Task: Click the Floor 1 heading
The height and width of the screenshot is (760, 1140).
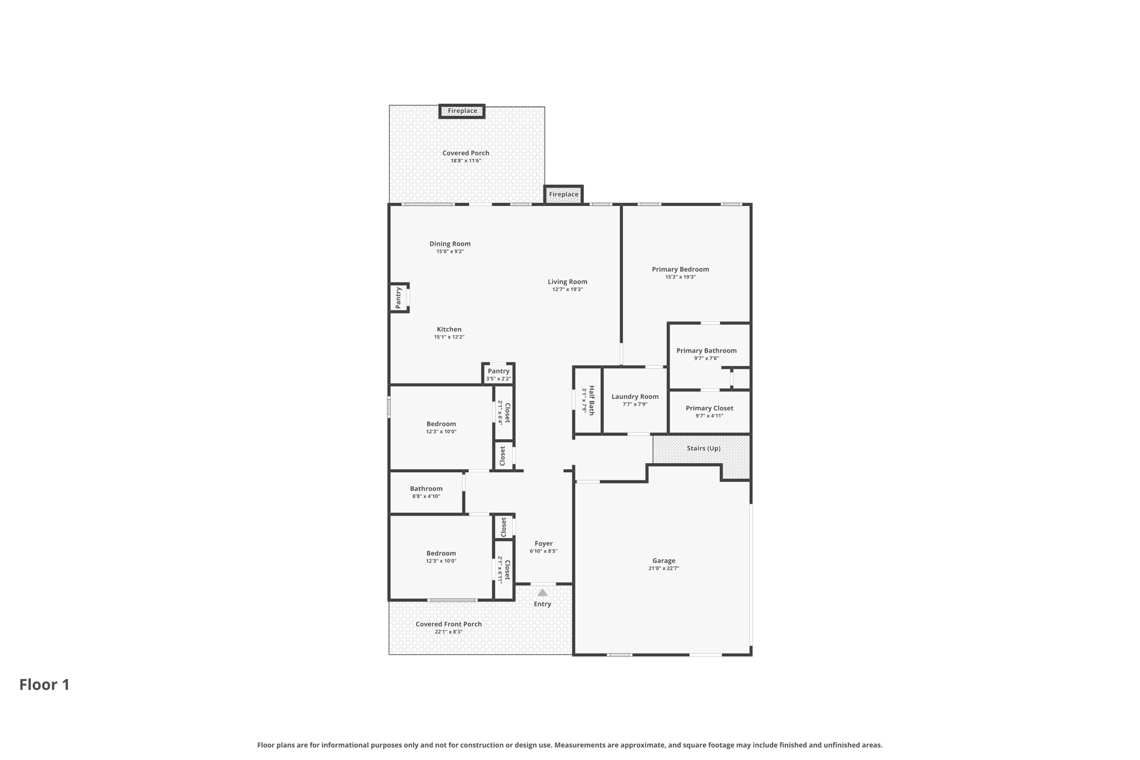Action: [x=45, y=685]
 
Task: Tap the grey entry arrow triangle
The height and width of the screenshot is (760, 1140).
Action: [x=543, y=592]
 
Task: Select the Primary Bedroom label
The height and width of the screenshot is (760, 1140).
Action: [x=680, y=269]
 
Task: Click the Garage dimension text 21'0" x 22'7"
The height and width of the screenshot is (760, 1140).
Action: [x=664, y=568]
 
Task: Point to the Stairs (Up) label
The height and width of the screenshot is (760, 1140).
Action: [x=704, y=448]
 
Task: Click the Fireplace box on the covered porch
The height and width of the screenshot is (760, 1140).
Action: [x=462, y=111]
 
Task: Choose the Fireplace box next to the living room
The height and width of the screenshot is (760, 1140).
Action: [x=563, y=194]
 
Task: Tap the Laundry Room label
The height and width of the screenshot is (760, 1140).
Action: [x=635, y=397]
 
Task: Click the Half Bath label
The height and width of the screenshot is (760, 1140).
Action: [x=592, y=400]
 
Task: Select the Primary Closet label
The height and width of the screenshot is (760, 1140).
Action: [x=709, y=409]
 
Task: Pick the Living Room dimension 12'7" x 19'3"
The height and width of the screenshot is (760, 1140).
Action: [x=567, y=290]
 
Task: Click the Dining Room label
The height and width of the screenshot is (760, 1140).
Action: [x=450, y=244]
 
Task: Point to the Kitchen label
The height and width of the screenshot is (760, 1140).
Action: [x=449, y=330]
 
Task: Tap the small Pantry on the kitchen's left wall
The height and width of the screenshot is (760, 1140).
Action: [x=399, y=298]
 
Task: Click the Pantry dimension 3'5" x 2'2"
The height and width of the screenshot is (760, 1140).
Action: [x=498, y=379]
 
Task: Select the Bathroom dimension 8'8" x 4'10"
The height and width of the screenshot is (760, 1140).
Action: [x=426, y=497]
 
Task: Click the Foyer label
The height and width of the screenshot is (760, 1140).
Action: [x=544, y=544]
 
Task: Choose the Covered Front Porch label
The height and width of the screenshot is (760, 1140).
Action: [x=449, y=625]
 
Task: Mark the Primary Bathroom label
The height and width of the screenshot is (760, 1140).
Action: [x=706, y=351]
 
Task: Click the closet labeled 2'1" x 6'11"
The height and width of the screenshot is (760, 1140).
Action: [x=504, y=570]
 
